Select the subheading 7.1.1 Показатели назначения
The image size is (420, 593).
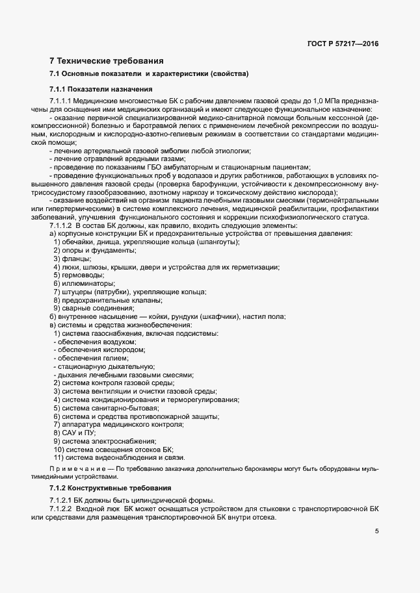click(x=101, y=88)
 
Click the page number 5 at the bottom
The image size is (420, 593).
click(x=376, y=531)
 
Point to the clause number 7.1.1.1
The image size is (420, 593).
click(x=60, y=102)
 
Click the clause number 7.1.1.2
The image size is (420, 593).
click(x=62, y=225)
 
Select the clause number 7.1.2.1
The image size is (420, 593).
click(x=61, y=500)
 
